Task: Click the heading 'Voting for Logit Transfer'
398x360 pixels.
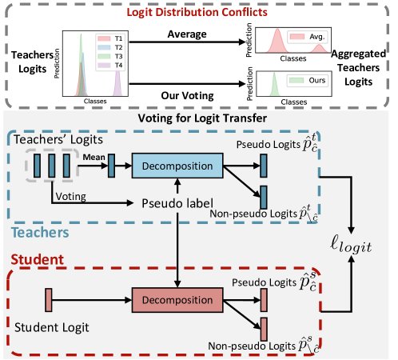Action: point(199,118)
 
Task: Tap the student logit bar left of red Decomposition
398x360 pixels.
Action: point(48,302)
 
